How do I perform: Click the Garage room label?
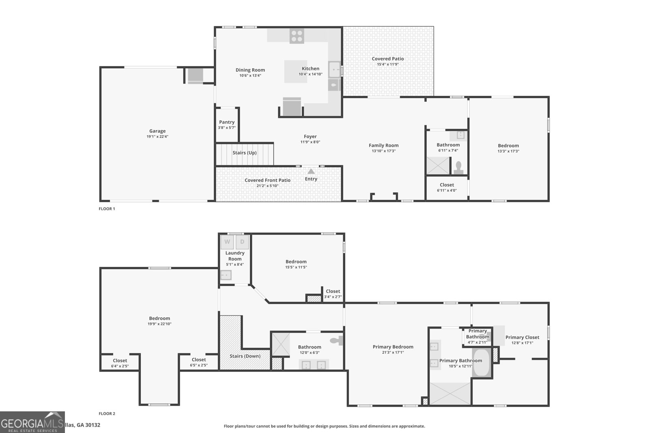(157, 131)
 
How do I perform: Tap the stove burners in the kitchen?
(297, 36)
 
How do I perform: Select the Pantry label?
(227, 122)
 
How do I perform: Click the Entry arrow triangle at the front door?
(311, 171)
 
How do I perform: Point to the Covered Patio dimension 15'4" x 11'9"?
(388, 64)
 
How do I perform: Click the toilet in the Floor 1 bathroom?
(459, 168)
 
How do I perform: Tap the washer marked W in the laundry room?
(227, 242)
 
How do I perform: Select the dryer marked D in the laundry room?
(242, 242)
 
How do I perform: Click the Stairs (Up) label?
(245, 153)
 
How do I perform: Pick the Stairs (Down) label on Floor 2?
(245, 356)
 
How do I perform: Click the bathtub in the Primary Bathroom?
(481, 362)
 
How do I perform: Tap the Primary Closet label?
(522, 337)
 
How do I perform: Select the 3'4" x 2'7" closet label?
(333, 297)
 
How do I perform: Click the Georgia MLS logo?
(32, 422)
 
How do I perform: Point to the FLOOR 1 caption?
(107, 209)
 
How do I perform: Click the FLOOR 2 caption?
(107, 414)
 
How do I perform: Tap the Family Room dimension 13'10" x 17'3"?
(383, 151)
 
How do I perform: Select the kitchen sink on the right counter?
(335, 70)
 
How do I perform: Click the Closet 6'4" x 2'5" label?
(120, 360)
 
